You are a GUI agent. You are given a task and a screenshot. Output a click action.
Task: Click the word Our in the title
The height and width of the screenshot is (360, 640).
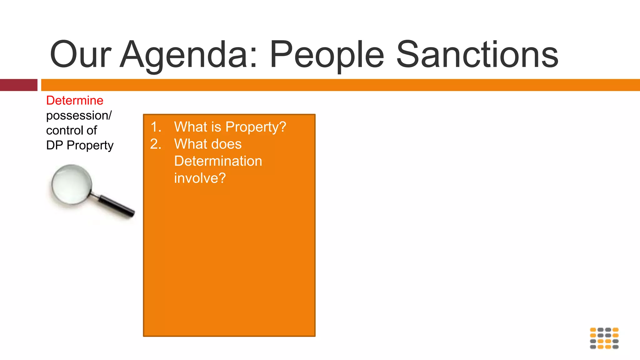(x=80, y=55)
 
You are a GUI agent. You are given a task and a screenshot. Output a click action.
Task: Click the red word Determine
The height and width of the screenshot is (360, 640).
(x=75, y=101)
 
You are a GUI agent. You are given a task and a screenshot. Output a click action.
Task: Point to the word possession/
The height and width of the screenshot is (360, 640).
(x=79, y=116)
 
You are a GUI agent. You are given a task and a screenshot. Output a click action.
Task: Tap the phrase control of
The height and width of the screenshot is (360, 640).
(x=72, y=130)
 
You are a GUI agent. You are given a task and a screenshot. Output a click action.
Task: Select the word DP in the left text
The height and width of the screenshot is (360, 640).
(x=55, y=145)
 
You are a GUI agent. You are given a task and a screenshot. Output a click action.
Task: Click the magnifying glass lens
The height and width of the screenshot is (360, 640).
(x=72, y=185)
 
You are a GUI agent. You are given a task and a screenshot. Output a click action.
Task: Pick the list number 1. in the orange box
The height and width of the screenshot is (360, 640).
(x=156, y=127)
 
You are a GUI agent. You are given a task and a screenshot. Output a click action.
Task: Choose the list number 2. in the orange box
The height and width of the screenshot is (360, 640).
(x=156, y=144)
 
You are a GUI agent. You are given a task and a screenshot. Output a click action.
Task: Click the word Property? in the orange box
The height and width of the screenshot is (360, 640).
(x=256, y=127)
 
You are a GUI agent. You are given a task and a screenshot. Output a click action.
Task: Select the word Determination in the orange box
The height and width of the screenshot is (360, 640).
(x=218, y=161)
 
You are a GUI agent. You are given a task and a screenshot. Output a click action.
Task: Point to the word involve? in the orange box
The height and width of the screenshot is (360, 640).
(x=200, y=178)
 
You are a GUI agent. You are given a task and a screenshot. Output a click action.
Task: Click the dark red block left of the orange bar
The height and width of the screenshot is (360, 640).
(x=18, y=85)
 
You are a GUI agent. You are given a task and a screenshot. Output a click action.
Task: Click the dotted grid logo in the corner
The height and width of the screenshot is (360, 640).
(x=604, y=338)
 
